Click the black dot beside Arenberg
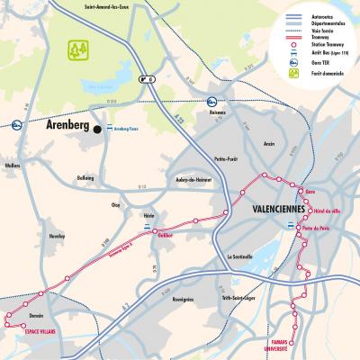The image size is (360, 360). pyautogui.click(x=97, y=129)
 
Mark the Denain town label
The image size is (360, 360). pyautogui.click(x=36, y=315)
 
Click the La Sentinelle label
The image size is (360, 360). pyautogui.click(x=243, y=256)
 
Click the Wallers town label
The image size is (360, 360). pyautogui.click(x=12, y=166)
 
